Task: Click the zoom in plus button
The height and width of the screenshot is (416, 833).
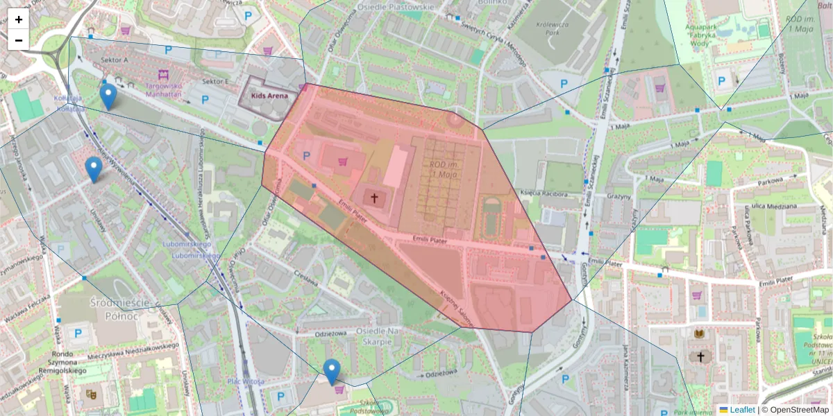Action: pyautogui.click(x=18, y=20)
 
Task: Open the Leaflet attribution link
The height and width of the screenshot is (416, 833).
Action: pyautogui.click(x=742, y=410)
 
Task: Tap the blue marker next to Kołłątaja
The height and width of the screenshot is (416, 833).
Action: pyautogui.click(x=108, y=96)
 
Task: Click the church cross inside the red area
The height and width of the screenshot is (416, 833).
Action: pyautogui.click(x=374, y=198)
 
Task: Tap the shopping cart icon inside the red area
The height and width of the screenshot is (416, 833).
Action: pyautogui.click(x=342, y=162)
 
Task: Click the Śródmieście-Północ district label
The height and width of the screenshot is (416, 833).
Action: pyautogui.click(x=116, y=309)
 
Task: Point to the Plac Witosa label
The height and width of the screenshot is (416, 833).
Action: pyautogui.click(x=246, y=381)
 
